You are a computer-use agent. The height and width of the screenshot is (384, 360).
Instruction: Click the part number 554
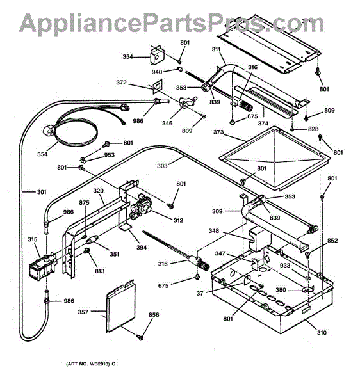click(42, 154)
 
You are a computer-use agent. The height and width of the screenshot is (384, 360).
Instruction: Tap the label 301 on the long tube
click(42, 192)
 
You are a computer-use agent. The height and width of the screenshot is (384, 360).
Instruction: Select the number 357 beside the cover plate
click(83, 312)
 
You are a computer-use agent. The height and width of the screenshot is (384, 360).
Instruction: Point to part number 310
click(322, 333)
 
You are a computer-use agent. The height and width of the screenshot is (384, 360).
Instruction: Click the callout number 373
click(218, 132)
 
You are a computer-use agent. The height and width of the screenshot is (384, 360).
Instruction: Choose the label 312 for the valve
click(178, 220)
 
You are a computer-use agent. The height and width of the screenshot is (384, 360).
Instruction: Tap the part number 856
click(154, 315)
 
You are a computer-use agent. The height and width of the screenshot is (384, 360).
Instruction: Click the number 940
click(157, 72)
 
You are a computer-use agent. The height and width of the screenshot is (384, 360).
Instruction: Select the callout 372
click(121, 83)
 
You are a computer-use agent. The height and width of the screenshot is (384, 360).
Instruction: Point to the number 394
click(142, 248)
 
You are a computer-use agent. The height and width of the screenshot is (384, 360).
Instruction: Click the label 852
click(332, 241)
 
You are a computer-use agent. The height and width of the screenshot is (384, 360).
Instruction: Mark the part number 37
click(200, 293)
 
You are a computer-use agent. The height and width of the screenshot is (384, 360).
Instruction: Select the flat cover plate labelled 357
click(120, 306)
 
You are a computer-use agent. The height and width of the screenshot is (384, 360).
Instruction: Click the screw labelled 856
click(140, 338)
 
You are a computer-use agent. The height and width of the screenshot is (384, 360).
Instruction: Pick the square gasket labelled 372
click(157, 86)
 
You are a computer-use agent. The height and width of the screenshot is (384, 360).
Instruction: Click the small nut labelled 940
click(180, 69)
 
